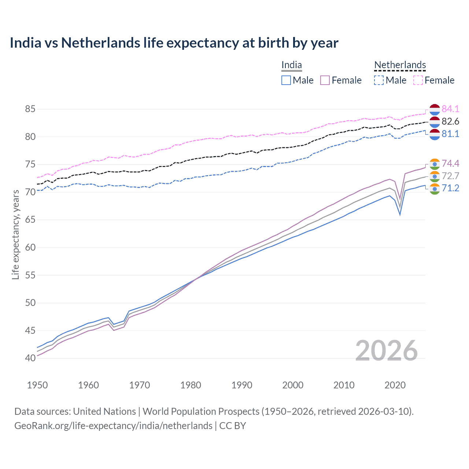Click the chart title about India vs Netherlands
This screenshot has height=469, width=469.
174,43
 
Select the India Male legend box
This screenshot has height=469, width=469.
286,80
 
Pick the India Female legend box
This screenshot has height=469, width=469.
325,80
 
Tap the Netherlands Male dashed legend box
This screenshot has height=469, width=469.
379,80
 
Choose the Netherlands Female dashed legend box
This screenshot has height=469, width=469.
418,80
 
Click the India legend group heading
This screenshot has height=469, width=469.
292,65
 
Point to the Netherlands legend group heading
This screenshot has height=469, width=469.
400,65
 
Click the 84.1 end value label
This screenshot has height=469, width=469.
450,109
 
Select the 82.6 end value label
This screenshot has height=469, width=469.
450,122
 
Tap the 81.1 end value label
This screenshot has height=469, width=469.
450,134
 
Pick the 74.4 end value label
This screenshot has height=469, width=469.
450,163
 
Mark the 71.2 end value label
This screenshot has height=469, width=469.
450,188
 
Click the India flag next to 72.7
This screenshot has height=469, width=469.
435,176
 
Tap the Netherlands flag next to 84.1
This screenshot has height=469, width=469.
435,109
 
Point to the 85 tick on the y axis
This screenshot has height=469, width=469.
30,109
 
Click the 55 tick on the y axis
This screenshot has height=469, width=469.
30,275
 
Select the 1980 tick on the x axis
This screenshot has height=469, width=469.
191,385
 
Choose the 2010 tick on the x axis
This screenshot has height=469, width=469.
344,385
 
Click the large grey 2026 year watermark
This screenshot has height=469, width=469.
386,351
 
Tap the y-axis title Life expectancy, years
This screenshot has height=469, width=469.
15,234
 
